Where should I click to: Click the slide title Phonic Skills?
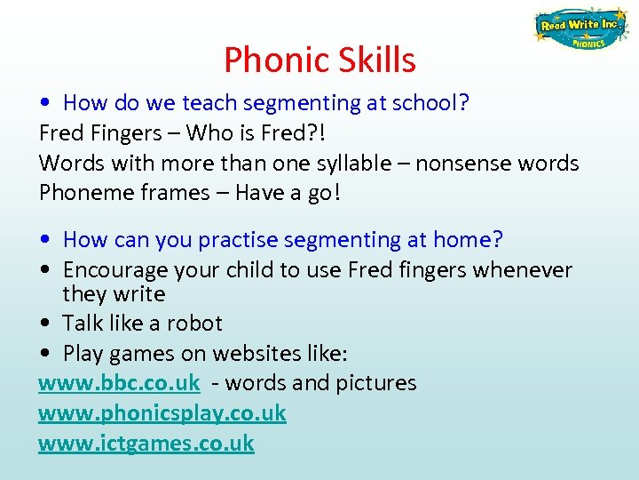(x=319, y=60)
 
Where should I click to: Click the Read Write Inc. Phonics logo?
(x=580, y=30)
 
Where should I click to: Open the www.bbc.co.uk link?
(x=119, y=383)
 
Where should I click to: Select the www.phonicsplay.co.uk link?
(x=162, y=413)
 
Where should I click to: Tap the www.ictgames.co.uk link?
(x=146, y=443)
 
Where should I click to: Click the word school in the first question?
(x=429, y=103)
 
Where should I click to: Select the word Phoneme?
(x=79, y=193)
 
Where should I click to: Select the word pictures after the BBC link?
(x=374, y=383)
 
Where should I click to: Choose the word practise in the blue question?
(x=240, y=240)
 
